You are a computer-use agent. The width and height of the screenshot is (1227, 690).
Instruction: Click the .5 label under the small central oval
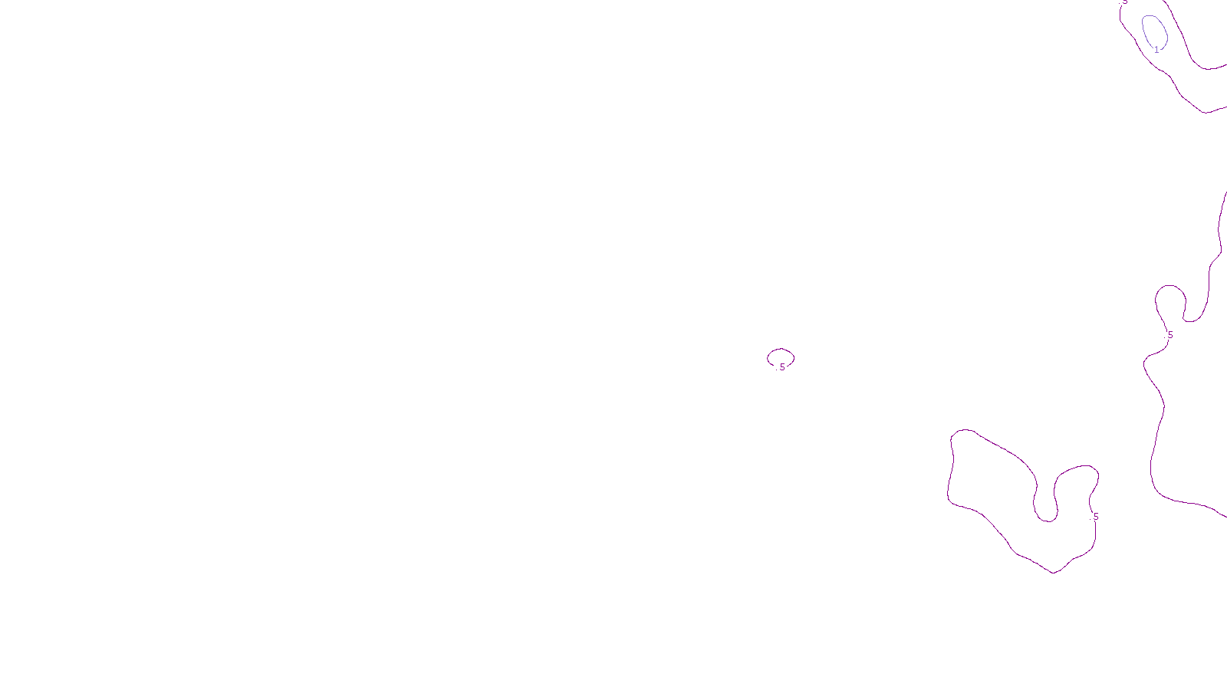(781, 367)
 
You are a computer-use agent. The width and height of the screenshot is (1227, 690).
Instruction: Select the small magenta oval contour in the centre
(781, 350)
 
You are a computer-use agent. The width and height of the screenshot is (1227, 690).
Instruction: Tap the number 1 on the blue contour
(1157, 50)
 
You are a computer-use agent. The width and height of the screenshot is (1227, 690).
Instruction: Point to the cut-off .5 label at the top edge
(1124, 2)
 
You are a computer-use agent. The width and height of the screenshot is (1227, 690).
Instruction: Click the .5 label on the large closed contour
(1095, 517)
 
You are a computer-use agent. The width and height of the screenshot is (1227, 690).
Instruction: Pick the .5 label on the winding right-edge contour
(1169, 335)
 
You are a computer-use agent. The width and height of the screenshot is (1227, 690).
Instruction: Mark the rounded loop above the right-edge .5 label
(1170, 287)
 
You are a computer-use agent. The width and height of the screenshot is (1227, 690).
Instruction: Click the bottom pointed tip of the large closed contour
(1054, 572)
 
